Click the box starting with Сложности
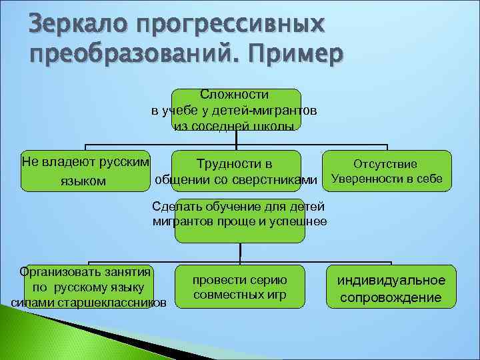pyautogui.click(x=236, y=110)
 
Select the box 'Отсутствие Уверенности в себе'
pyautogui.click(x=385, y=172)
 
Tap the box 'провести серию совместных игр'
pyautogui.click(x=239, y=287)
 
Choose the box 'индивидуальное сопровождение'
pyautogui.click(x=391, y=288)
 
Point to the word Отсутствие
pyautogui.click(x=385, y=164)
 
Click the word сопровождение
pyautogui.click(x=391, y=297)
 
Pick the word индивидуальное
pyautogui.click(x=391, y=280)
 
